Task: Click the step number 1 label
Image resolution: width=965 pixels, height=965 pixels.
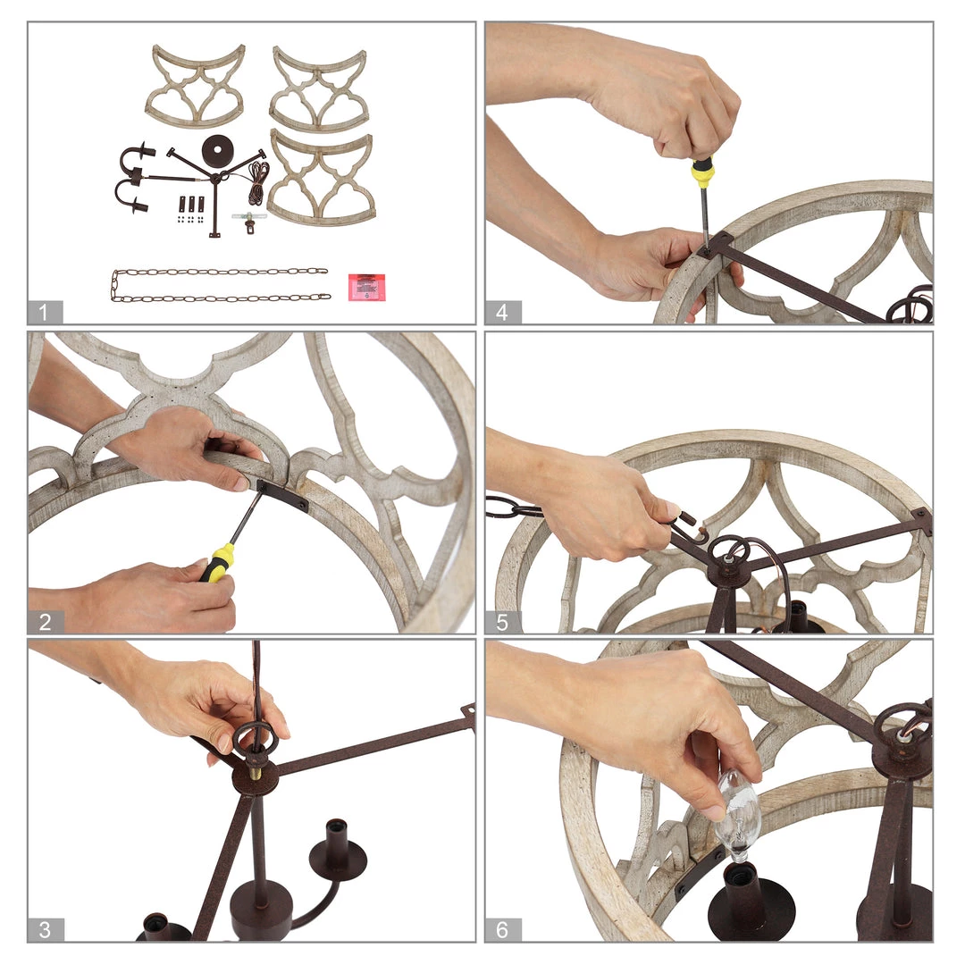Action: click(x=45, y=312)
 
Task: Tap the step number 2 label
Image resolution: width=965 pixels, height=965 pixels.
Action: click(x=45, y=622)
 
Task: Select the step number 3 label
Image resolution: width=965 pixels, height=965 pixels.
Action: click(x=45, y=929)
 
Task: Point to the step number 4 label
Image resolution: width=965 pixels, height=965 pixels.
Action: click(x=503, y=312)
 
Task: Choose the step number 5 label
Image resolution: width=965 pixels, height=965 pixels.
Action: click(x=503, y=622)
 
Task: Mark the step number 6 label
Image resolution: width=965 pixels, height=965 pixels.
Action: click(x=503, y=929)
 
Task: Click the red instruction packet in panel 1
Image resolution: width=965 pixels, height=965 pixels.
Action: click(x=367, y=288)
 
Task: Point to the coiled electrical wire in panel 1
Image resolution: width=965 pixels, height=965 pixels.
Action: click(x=258, y=183)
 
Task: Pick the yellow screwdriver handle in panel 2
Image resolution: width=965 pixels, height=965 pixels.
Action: click(x=216, y=563)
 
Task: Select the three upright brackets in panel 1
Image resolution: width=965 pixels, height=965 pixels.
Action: click(x=191, y=204)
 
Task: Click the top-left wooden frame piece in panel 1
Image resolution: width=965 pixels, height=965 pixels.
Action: click(x=196, y=86)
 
